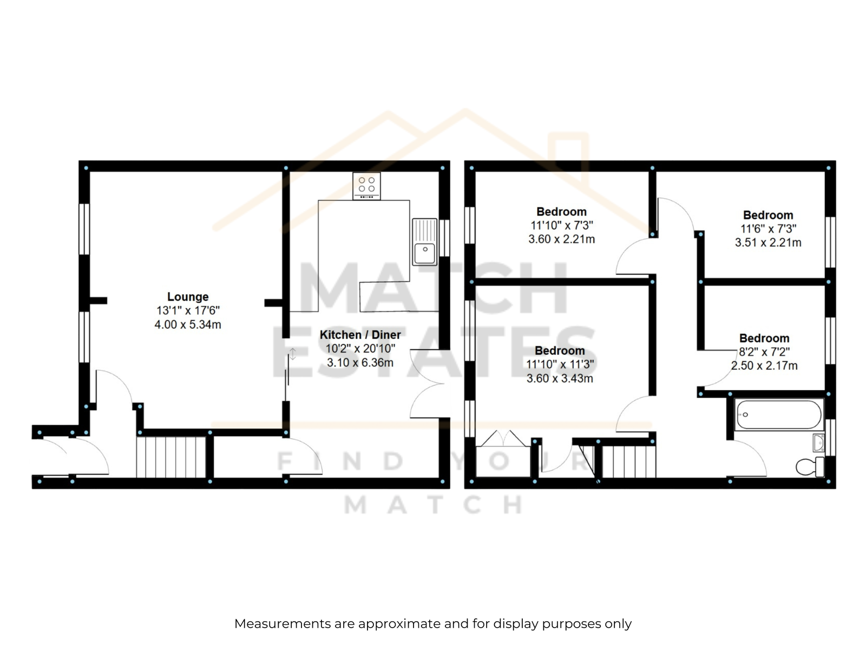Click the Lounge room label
pos(188,297)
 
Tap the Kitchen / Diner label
pos(360,335)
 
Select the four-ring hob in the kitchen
pos(366,186)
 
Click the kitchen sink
pos(424,242)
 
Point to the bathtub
pos(779,415)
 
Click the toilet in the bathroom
pos(810,467)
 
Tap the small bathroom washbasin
pos(818,443)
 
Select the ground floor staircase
pos(171,457)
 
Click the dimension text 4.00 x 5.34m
pos(188,324)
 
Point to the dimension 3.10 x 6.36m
pos(360,362)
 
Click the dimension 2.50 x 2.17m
pos(764,366)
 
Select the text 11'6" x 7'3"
pos(768,229)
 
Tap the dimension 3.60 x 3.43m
pos(560,378)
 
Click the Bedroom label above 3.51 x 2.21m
pos(767,215)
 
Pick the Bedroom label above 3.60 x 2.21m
pos(561,212)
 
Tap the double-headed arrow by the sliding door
pos(293,354)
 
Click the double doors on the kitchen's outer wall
pos(428,383)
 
